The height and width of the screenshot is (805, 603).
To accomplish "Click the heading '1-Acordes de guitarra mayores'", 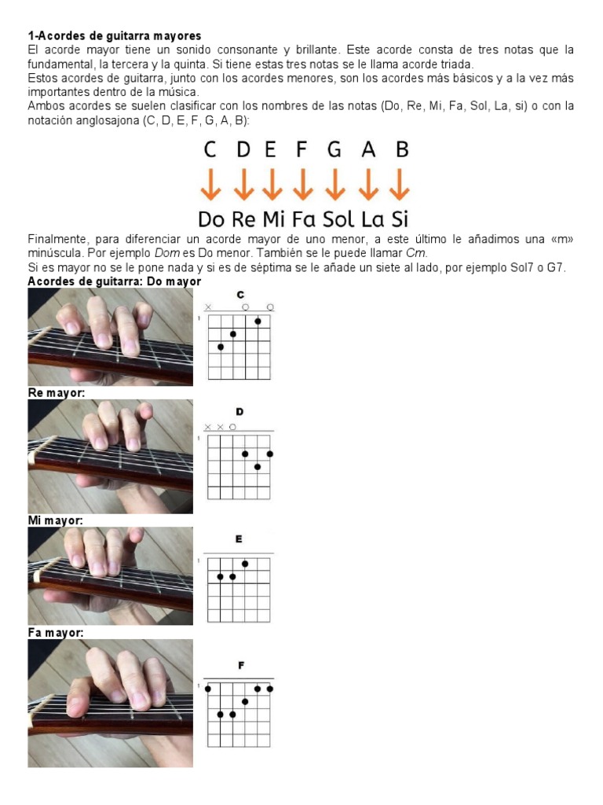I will point(115,35).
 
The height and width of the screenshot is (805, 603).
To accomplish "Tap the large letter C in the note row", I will point(210,149).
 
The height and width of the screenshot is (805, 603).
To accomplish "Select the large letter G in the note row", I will point(334,149).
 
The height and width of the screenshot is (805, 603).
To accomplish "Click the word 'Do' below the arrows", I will point(212,219).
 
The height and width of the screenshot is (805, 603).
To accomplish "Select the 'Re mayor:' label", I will point(56,393).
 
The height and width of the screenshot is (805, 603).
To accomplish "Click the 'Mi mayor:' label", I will point(55,520).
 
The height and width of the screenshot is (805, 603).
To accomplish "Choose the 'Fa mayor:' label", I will point(55,633).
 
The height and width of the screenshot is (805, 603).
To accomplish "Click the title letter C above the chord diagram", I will point(240,295).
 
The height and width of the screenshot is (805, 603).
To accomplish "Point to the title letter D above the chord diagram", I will point(239,411).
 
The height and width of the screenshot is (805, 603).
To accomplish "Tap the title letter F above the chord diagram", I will point(241,665).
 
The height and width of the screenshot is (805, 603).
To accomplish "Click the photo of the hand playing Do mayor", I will point(110,336).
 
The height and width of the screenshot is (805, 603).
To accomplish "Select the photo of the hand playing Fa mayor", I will point(110,703).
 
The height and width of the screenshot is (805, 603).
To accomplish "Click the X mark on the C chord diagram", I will point(208,307).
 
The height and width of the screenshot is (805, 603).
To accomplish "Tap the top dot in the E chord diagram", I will point(246,564).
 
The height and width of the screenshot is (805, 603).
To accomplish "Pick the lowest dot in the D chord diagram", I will point(258,466).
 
